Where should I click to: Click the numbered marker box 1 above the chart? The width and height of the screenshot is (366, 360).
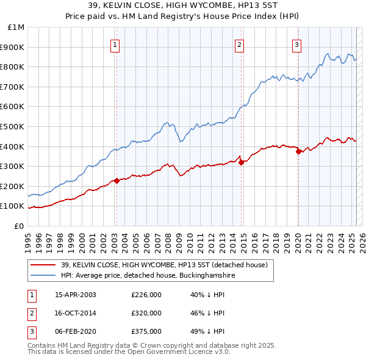coord(115,44)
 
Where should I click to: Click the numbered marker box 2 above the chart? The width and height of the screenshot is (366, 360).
coord(240,44)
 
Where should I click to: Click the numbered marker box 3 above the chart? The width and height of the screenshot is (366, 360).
coord(296,44)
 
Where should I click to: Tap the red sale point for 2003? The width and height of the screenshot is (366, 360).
coord(117,180)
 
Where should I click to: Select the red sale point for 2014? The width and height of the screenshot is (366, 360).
coord(241,162)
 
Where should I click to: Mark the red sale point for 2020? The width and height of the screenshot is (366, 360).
coord(298,152)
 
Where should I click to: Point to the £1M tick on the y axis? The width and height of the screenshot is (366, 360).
coord(16,27)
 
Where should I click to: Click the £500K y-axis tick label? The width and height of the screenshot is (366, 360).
coord(13,126)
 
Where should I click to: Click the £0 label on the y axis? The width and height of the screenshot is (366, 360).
coord(19,226)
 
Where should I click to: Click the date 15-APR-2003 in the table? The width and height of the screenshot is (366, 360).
coord(76,295)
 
